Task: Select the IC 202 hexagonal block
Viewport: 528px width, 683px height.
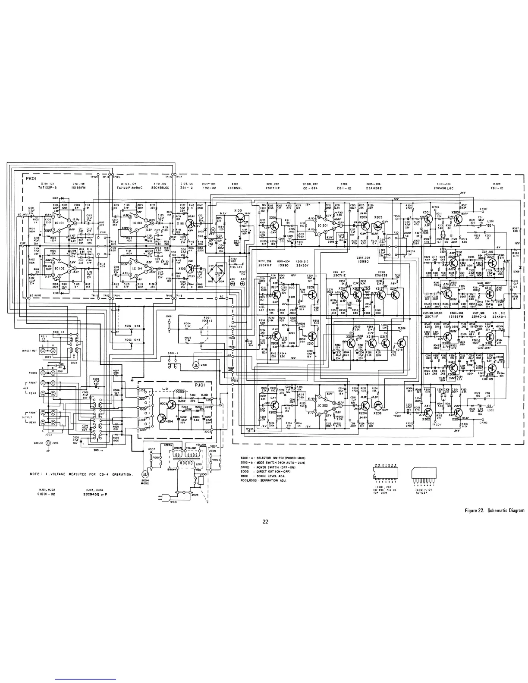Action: click(x=323, y=404)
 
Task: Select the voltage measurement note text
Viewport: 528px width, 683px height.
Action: click(x=81, y=474)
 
